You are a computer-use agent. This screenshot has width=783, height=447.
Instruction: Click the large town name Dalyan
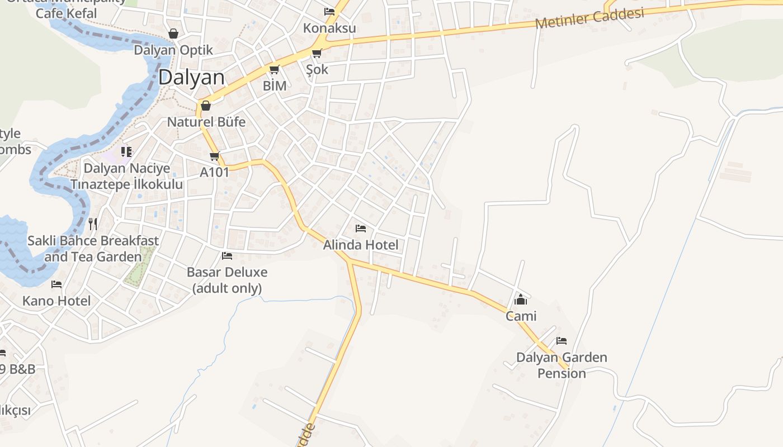191,78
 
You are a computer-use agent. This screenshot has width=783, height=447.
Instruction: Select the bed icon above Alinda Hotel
361,229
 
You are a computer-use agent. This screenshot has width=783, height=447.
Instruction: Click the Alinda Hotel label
361,245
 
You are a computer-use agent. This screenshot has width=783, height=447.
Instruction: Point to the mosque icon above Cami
521,300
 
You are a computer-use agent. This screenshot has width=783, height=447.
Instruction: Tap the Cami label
521,316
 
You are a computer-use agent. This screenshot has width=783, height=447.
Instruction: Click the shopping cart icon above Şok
317,54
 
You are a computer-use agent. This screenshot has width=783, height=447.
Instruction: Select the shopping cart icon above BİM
274,70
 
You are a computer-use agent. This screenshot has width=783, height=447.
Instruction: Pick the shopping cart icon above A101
214,156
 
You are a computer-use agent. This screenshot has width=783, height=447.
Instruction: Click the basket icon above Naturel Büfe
206,106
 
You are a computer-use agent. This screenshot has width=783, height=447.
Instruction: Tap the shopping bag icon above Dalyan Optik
173,34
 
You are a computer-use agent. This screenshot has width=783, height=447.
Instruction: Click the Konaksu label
329,28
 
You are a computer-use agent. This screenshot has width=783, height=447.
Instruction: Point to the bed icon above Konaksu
329,11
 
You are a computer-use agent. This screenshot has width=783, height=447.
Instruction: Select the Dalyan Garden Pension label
562,365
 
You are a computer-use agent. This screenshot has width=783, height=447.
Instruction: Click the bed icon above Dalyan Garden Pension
562,341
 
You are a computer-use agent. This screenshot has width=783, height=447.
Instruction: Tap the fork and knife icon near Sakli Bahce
93,224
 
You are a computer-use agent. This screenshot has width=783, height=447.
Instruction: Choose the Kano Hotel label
56,301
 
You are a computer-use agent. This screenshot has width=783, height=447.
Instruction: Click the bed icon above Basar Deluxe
227,256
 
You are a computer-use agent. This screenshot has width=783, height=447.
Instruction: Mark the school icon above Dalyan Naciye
126,151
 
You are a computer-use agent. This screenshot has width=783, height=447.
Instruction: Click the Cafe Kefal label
66,13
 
